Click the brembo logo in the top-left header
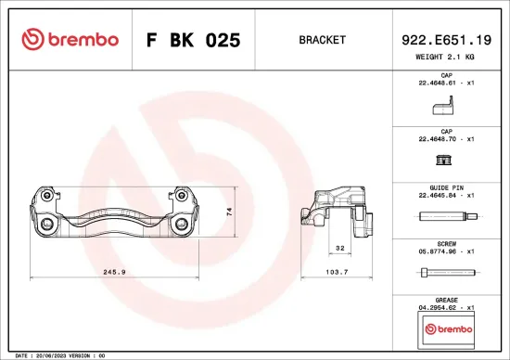point(70,40)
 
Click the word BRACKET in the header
point(323,40)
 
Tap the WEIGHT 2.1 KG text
point(446,58)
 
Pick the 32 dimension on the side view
point(339,249)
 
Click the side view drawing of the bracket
point(340,212)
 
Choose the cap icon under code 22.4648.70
point(445,161)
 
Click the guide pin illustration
point(446,217)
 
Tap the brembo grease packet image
point(446,328)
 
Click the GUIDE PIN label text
point(446,187)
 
